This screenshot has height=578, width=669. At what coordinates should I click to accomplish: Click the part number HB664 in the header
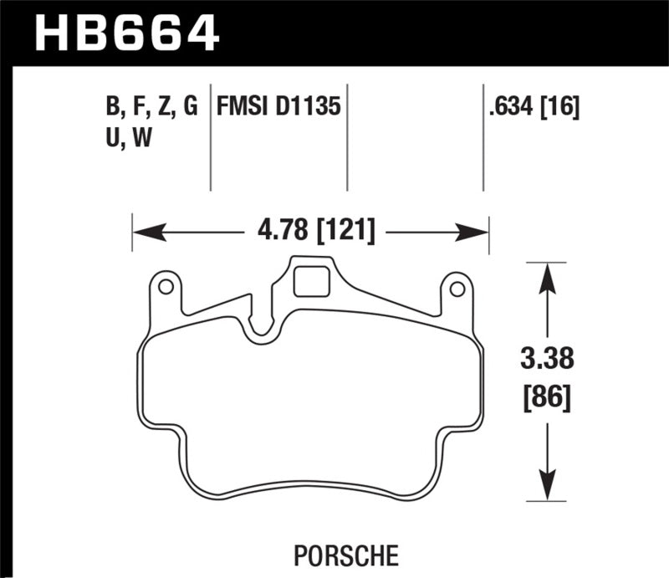(126, 33)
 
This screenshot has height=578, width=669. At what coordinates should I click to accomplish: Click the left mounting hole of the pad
(166, 288)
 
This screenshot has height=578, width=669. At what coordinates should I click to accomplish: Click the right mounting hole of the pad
(457, 289)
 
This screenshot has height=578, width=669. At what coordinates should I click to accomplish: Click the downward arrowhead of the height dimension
(546, 489)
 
